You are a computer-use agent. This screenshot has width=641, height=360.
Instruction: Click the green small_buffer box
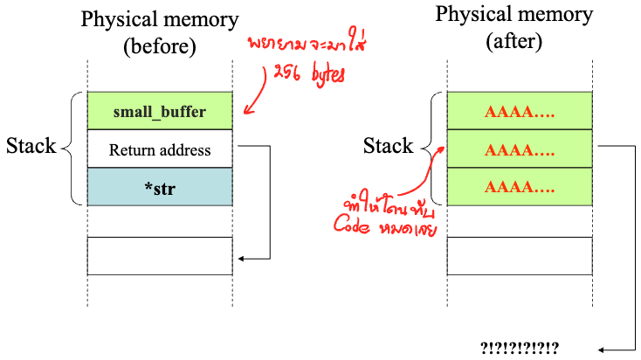click(x=160, y=112)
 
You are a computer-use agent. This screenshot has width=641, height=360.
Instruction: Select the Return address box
click(x=160, y=150)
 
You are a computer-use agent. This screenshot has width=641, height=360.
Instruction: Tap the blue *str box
click(x=160, y=187)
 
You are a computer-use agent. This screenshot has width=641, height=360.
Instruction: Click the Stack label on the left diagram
click(x=31, y=146)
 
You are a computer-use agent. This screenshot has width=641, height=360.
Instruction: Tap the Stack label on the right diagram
click(x=388, y=146)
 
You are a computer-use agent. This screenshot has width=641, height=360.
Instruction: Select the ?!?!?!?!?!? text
click(x=520, y=346)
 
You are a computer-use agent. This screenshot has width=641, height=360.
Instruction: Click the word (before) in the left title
click(x=160, y=45)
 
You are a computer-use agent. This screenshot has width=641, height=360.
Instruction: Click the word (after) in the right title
click(x=514, y=41)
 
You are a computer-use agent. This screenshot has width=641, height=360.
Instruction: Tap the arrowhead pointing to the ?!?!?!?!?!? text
click(x=596, y=346)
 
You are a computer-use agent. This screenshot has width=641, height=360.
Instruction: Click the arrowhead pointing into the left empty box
click(x=240, y=259)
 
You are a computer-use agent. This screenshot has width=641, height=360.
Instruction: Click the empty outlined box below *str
click(x=160, y=256)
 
